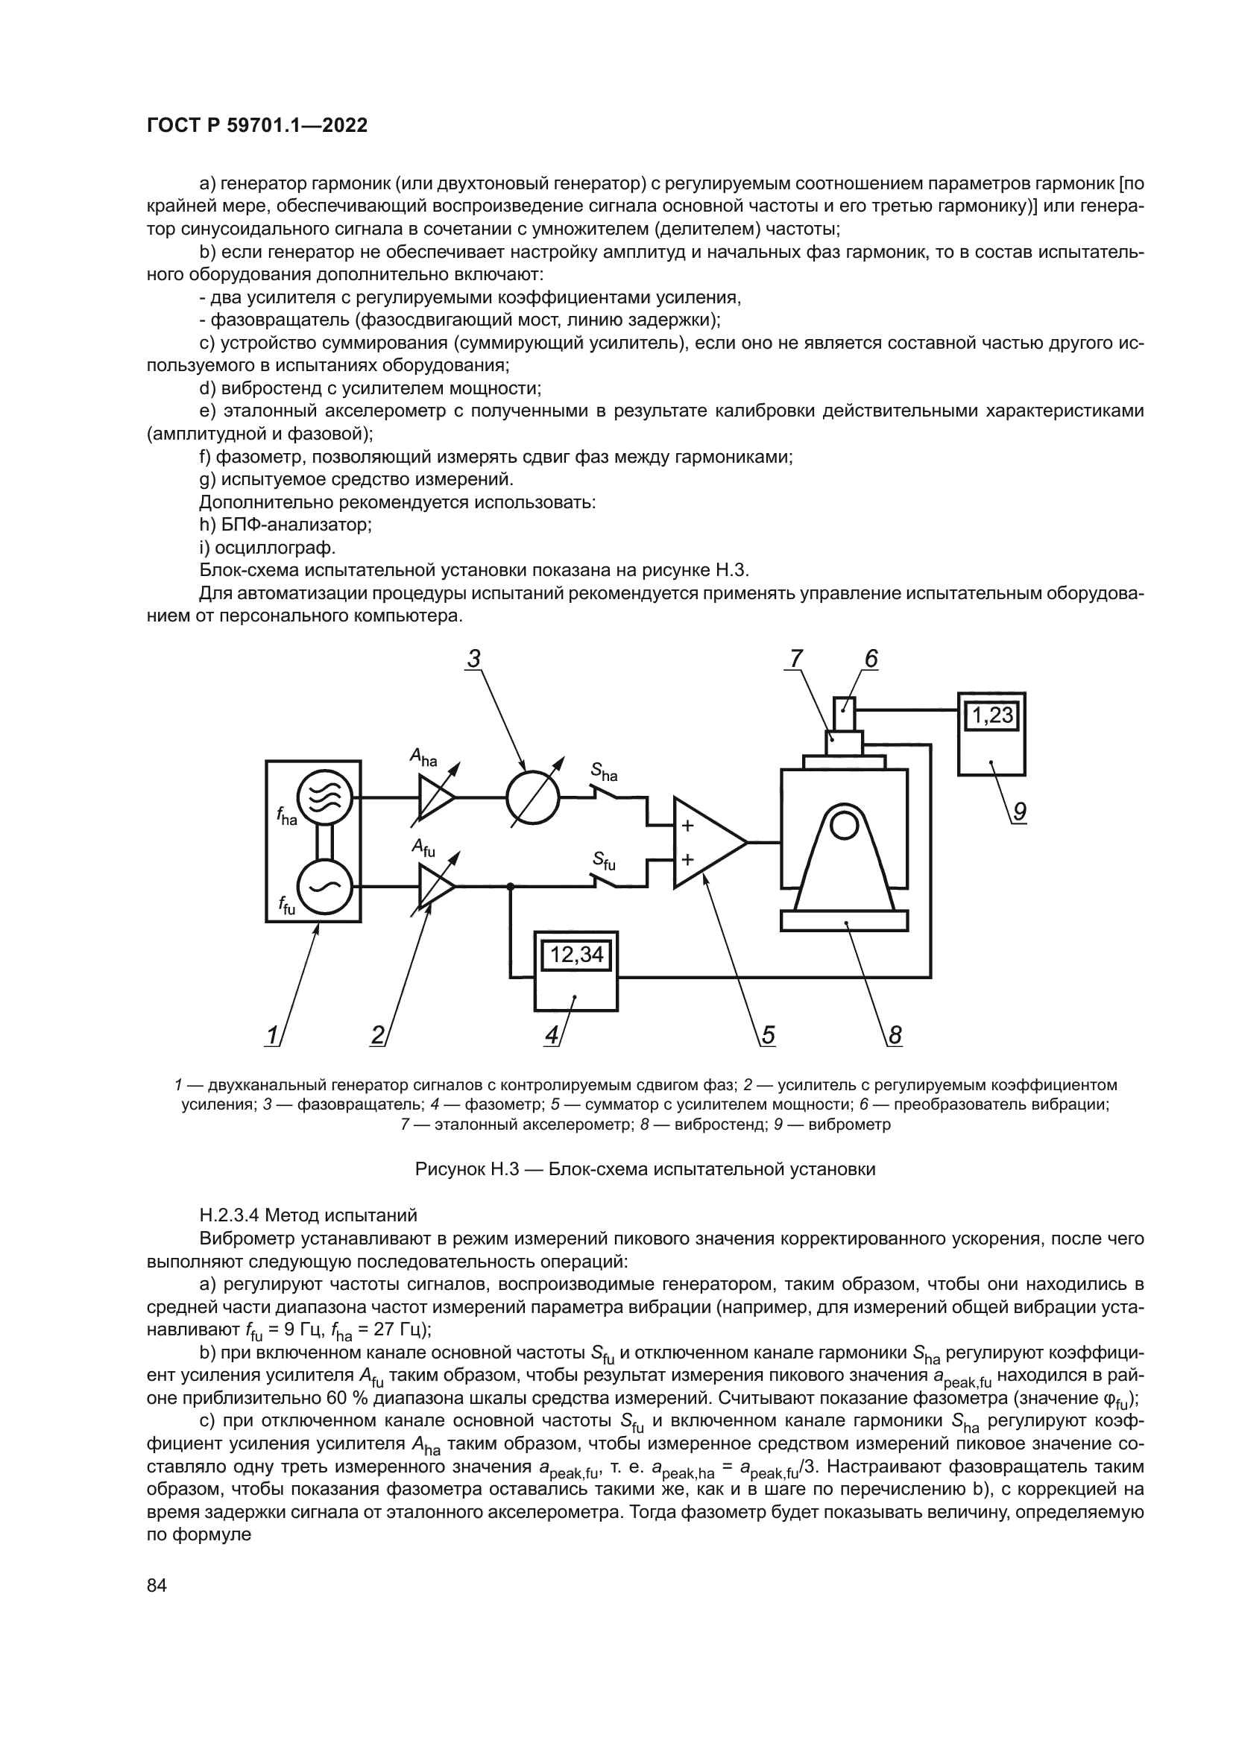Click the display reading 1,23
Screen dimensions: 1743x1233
click(992, 715)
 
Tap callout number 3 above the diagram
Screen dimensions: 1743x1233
click(474, 658)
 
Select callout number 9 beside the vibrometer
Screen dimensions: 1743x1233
click(1019, 812)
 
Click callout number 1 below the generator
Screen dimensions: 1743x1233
click(272, 1035)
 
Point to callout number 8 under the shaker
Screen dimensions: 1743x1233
click(895, 1035)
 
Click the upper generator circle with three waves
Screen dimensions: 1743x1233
click(324, 798)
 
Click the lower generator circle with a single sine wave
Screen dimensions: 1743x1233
click(324, 886)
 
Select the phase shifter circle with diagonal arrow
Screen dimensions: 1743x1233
click(533, 798)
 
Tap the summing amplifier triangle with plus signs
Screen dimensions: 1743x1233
click(704, 843)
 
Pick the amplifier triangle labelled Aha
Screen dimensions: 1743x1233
click(435, 798)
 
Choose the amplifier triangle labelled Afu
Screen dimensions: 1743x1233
click(435, 886)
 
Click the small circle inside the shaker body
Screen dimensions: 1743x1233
click(844, 826)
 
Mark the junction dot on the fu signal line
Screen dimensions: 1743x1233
click(511, 886)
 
